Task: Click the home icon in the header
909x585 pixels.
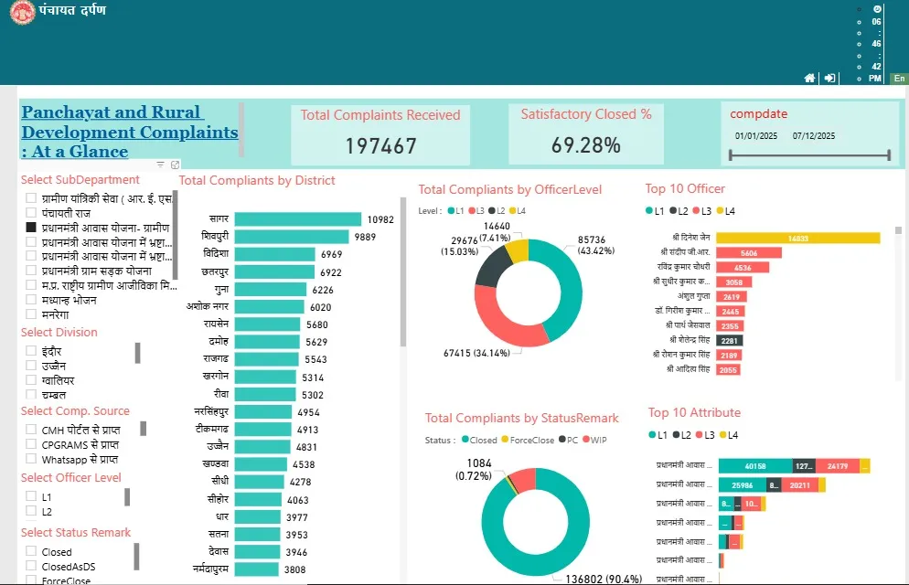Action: coord(809,79)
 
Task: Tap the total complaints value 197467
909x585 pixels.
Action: coord(380,145)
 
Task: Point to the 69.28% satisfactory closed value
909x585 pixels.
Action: coord(585,144)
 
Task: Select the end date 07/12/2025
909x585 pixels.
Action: coord(814,136)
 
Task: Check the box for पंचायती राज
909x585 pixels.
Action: coord(31,212)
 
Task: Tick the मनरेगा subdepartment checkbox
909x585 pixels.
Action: coord(31,314)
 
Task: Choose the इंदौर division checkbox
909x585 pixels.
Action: coord(31,351)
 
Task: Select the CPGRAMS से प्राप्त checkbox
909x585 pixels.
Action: coord(31,444)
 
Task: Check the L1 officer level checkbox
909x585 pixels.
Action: coord(31,496)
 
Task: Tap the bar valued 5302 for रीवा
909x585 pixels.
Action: coord(265,395)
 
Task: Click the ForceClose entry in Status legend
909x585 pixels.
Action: coord(528,440)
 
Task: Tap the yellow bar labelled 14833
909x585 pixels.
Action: coord(797,238)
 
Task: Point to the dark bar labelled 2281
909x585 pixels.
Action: coord(729,340)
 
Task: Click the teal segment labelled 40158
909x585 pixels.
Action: coord(755,466)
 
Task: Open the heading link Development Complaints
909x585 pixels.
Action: coord(129,133)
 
